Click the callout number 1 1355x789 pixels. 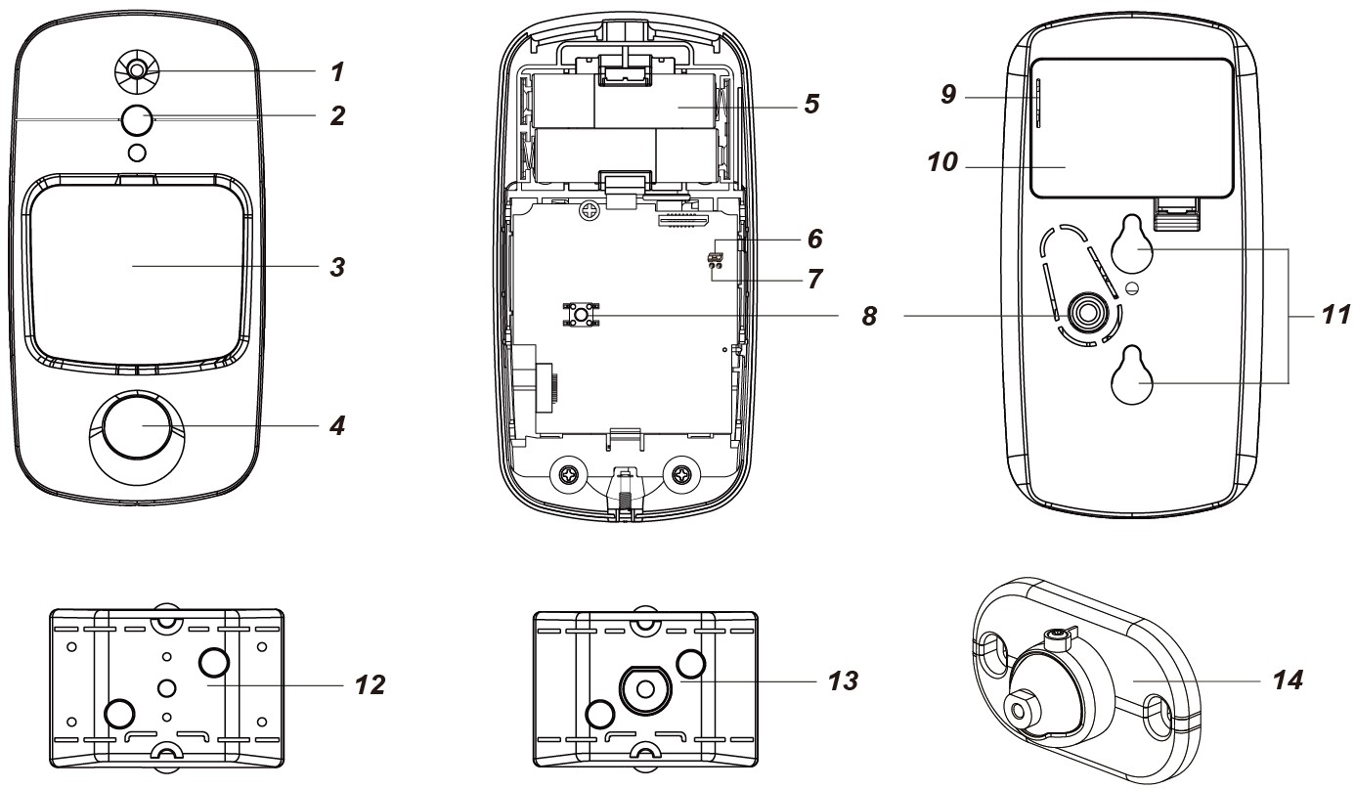337,71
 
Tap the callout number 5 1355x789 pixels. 810,103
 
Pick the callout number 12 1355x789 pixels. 368,683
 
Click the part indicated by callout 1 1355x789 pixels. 137,69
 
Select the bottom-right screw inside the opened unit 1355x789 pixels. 681,475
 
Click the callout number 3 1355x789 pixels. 337,266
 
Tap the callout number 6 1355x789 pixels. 813,238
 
